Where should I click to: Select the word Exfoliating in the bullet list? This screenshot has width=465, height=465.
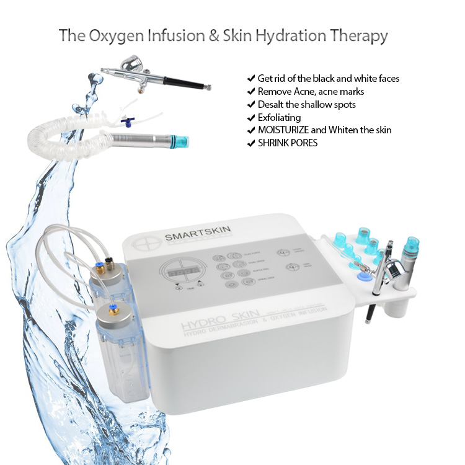279,118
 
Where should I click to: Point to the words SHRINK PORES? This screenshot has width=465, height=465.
286,143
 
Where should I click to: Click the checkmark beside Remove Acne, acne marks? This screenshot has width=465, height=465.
250,91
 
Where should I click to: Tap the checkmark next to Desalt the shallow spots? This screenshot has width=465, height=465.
250,104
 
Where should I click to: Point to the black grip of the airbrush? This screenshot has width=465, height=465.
185,82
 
